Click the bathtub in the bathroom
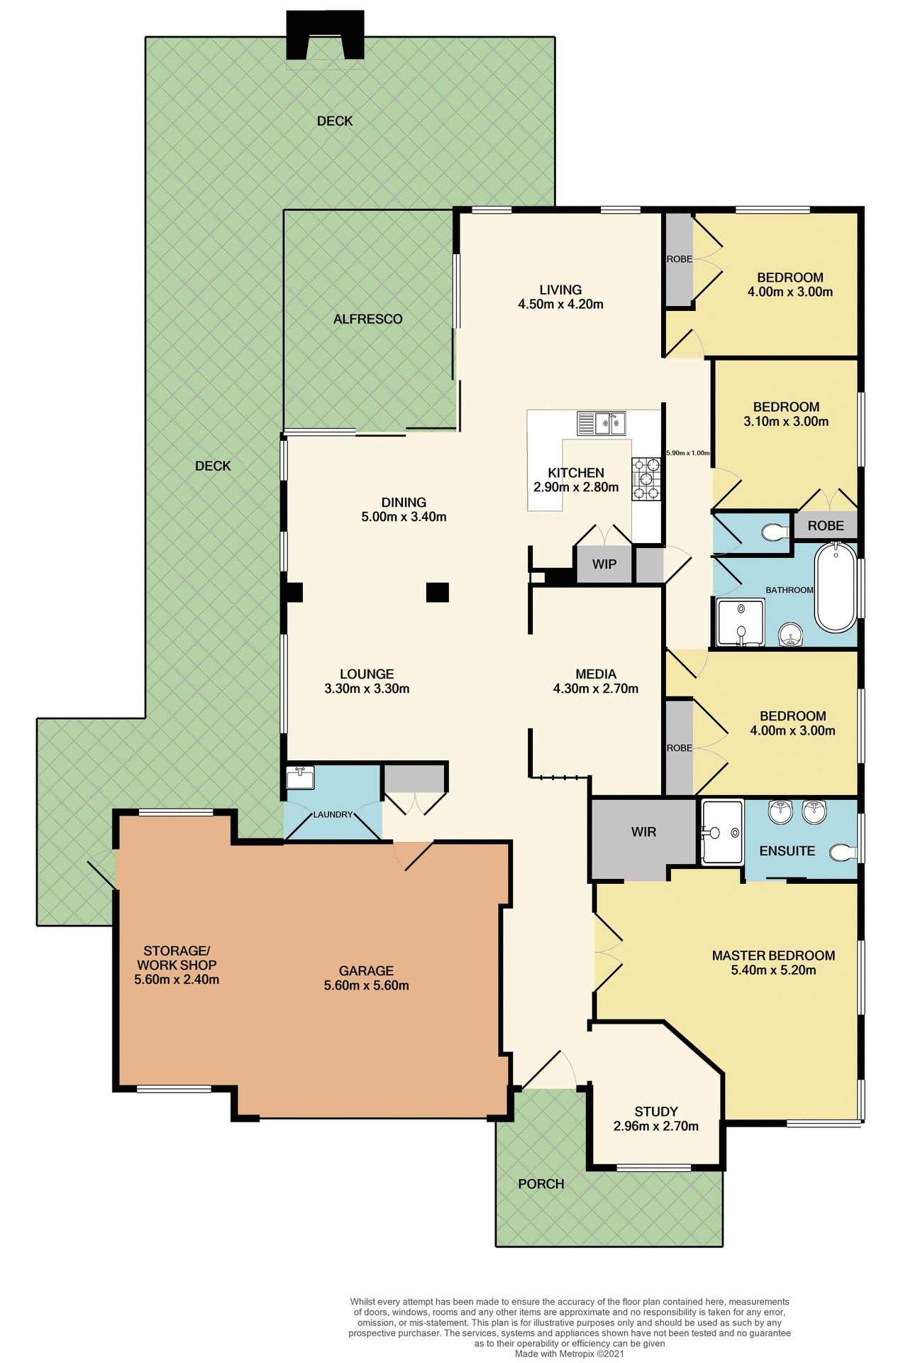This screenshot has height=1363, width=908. coord(836,588)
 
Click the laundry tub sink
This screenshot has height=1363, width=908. coord(299,777)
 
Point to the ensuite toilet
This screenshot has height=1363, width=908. coord(843,852)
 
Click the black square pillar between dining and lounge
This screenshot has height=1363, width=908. coord(437,592)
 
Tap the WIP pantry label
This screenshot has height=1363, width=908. coord(604,564)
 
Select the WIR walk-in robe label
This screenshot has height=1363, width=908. coord(643,832)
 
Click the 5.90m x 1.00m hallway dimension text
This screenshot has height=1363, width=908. coord(687,453)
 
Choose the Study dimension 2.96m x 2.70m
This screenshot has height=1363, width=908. coord(655,1126)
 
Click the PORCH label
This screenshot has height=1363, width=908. coord(541,1184)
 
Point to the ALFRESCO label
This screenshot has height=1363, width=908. coord(367,319)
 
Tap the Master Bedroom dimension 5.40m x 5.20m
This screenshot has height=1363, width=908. coord(773,970)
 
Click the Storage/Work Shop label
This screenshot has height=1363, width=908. coord(177,958)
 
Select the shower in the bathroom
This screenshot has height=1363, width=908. coord(740,622)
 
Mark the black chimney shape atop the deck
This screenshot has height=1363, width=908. coord(325,35)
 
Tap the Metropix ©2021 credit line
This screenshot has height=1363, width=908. coord(569,1354)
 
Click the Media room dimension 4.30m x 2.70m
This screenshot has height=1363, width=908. coord(595,689)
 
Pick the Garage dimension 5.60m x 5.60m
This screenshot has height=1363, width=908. coord(366,985)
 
